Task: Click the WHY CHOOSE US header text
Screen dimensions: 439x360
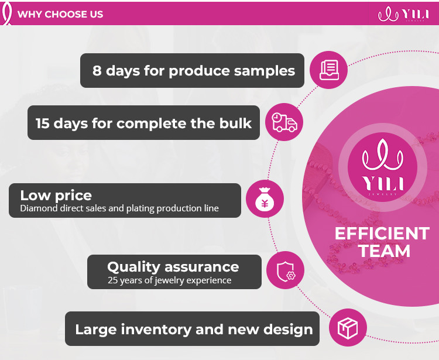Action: click(x=60, y=14)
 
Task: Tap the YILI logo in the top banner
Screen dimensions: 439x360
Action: click(x=403, y=14)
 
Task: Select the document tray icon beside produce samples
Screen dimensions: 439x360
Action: click(x=329, y=70)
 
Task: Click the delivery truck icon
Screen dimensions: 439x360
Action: click(x=284, y=122)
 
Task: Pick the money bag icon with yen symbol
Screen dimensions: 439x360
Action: click(x=265, y=199)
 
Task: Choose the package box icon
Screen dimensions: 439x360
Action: click(x=348, y=328)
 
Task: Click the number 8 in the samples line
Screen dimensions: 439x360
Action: click(x=97, y=71)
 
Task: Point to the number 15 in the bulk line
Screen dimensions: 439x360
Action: click(x=43, y=123)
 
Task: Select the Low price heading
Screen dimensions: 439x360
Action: click(x=56, y=196)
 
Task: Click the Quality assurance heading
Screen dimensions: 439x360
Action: click(x=173, y=267)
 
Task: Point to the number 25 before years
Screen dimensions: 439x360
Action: click(x=113, y=280)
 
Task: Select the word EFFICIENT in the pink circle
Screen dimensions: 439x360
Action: click(x=382, y=234)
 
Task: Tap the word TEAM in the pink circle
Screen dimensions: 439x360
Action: click(x=384, y=251)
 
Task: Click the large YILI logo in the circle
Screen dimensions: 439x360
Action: click(x=383, y=167)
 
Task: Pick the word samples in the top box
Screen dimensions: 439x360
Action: click(x=265, y=71)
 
